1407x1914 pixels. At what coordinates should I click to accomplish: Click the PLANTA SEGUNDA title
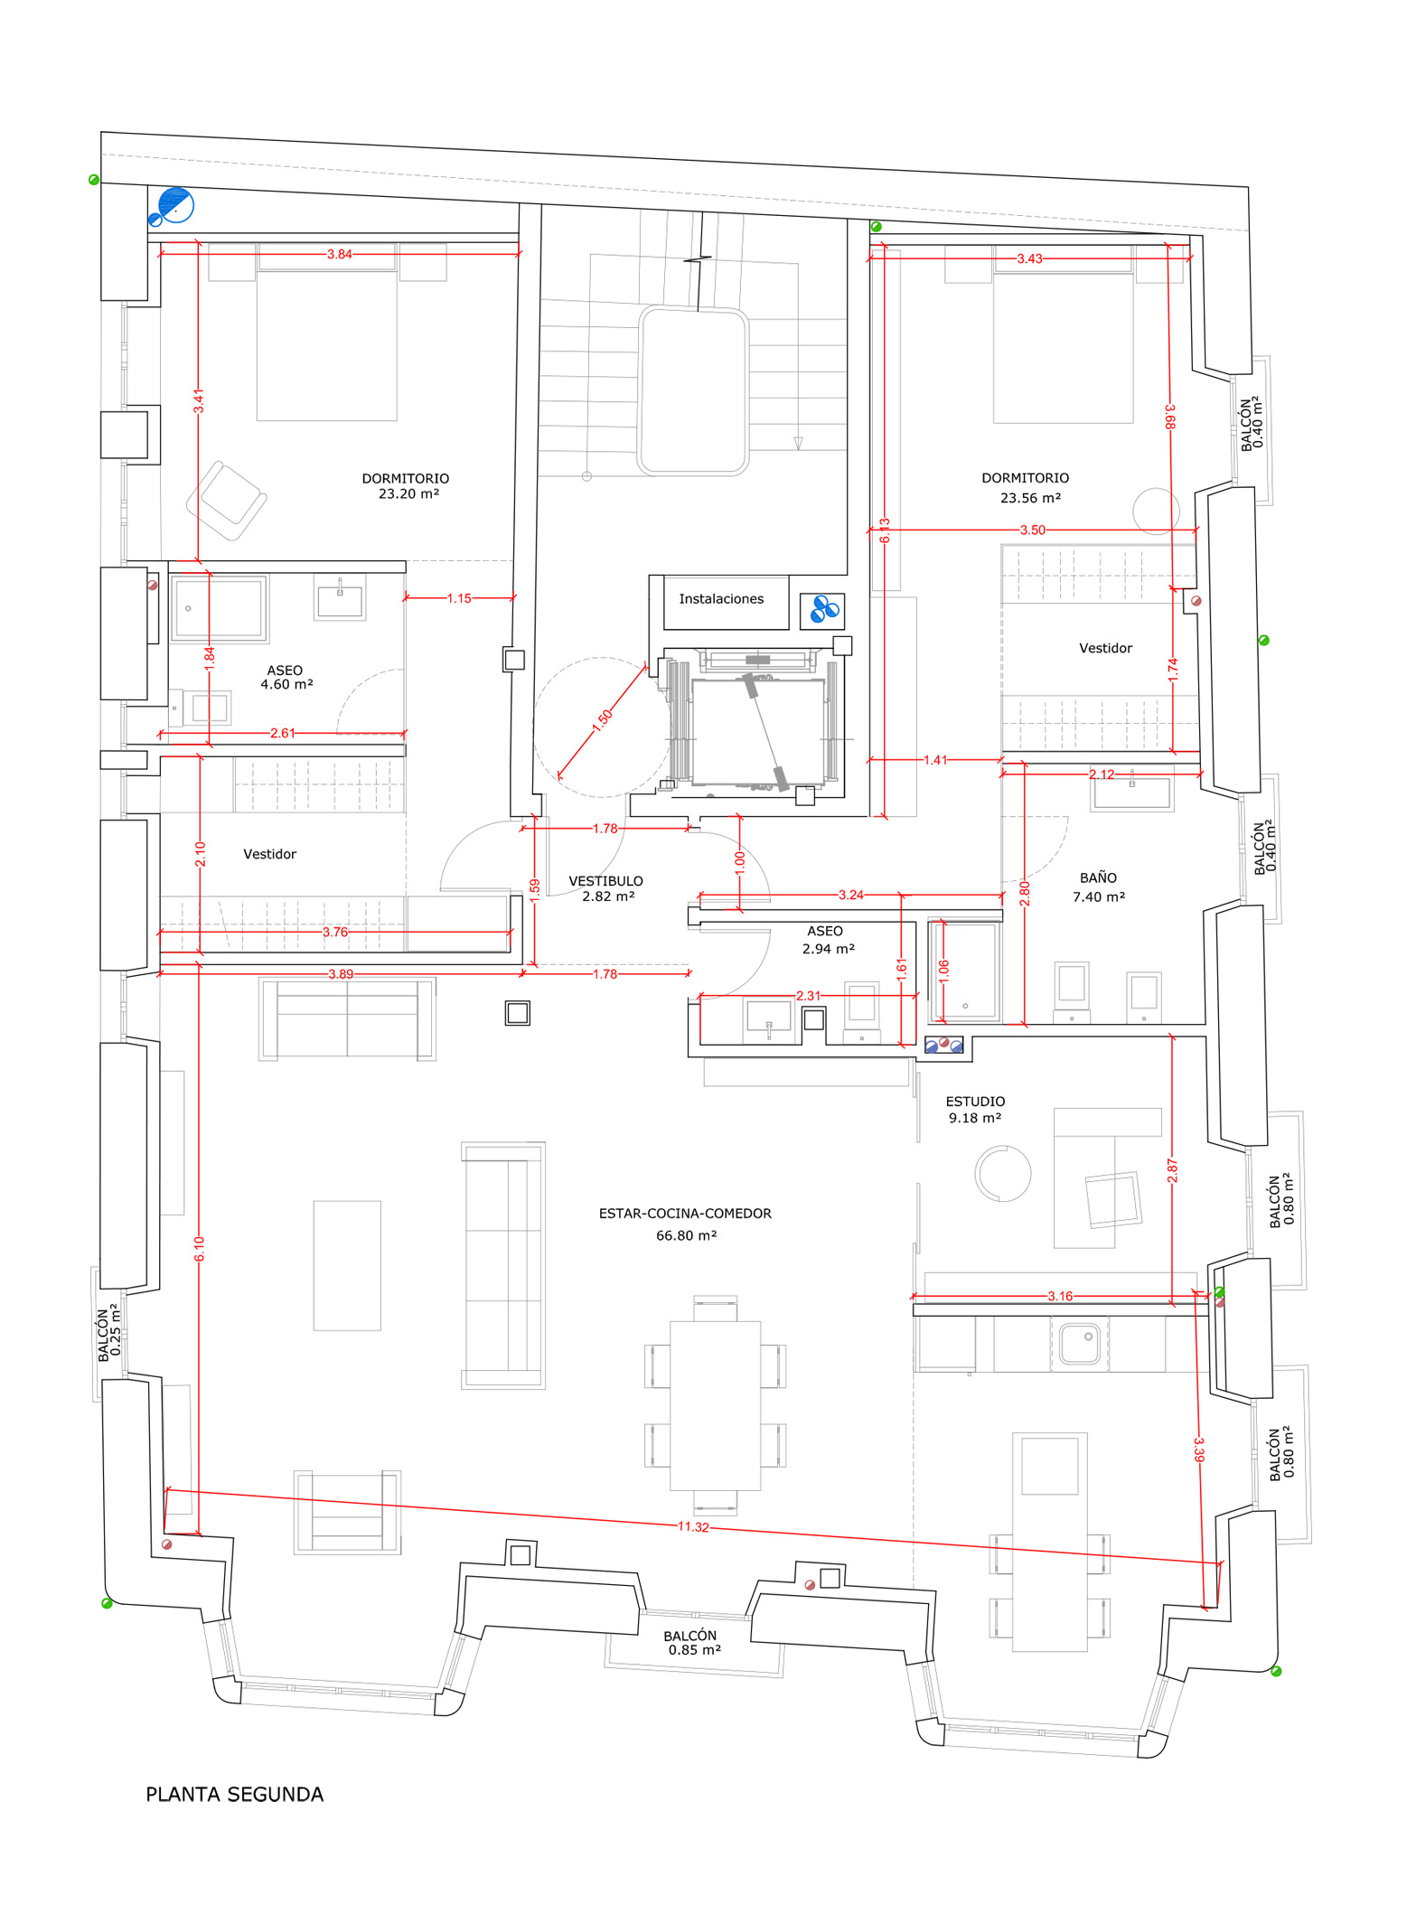click(x=235, y=1794)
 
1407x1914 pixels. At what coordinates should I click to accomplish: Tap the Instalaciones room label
click(x=721, y=598)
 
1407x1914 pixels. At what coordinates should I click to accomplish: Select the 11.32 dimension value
click(x=693, y=1526)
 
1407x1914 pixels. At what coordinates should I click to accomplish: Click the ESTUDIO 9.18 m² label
click(x=975, y=1110)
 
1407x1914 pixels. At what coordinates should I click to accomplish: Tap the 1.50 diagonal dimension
click(x=603, y=720)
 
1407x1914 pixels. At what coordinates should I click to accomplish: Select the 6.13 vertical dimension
click(x=885, y=530)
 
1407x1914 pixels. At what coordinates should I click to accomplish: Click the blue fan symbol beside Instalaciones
click(x=822, y=610)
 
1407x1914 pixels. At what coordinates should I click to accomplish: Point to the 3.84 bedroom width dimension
click(x=340, y=254)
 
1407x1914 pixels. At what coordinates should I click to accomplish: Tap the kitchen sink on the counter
click(x=1079, y=1343)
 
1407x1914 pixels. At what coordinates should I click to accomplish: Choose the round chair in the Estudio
click(x=1003, y=1173)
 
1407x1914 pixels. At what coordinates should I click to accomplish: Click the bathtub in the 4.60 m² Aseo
click(x=220, y=609)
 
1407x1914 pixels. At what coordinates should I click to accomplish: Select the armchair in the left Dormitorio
click(x=227, y=501)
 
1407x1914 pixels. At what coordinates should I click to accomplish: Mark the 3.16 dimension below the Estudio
click(x=1060, y=1296)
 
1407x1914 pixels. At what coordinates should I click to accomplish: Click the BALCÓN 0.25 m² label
click(x=109, y=1332)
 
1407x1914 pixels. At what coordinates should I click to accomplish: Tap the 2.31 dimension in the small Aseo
click(x=809, y=996)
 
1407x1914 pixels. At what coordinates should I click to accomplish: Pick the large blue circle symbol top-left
click(x=176, y=205)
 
